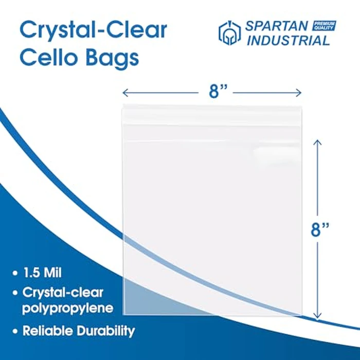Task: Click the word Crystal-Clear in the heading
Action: point(93,31)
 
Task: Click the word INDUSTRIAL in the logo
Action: point(287,41)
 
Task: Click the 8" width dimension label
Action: point(212,93)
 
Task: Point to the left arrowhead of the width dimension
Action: point(124,93)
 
